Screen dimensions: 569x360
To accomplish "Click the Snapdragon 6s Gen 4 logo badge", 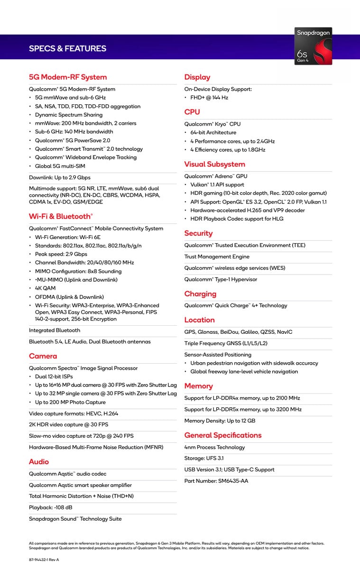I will [x=313, y=46].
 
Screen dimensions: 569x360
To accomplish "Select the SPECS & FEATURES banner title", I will [x=67, y=48].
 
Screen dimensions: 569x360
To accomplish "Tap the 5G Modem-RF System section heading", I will [x=68, y=77].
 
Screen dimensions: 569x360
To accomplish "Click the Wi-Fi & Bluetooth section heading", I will [x=61, y=216].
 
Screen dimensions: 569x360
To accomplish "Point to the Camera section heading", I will [x=43, y=356].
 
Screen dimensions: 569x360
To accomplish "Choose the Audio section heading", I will [x=39, y=462].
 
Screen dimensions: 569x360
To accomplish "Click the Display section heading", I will [x=197, y=77].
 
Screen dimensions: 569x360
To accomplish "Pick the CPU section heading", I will [x=192, y=112].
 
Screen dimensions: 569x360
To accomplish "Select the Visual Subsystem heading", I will [x=215, y=165].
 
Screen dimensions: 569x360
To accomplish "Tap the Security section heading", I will [x=198, y=233].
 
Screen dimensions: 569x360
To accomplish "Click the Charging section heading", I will [x=200, y=294].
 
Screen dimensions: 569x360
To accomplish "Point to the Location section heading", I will [x=200, y=320].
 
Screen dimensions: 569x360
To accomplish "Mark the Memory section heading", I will [x=199, y=386].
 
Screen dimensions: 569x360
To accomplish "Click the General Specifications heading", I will [x=223, y=435].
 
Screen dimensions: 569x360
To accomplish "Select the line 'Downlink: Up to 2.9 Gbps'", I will [x=60, y=177].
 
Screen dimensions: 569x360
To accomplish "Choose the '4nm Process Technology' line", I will [x=215, y=447].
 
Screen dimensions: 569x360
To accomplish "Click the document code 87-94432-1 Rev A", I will [x=44, y=560].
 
